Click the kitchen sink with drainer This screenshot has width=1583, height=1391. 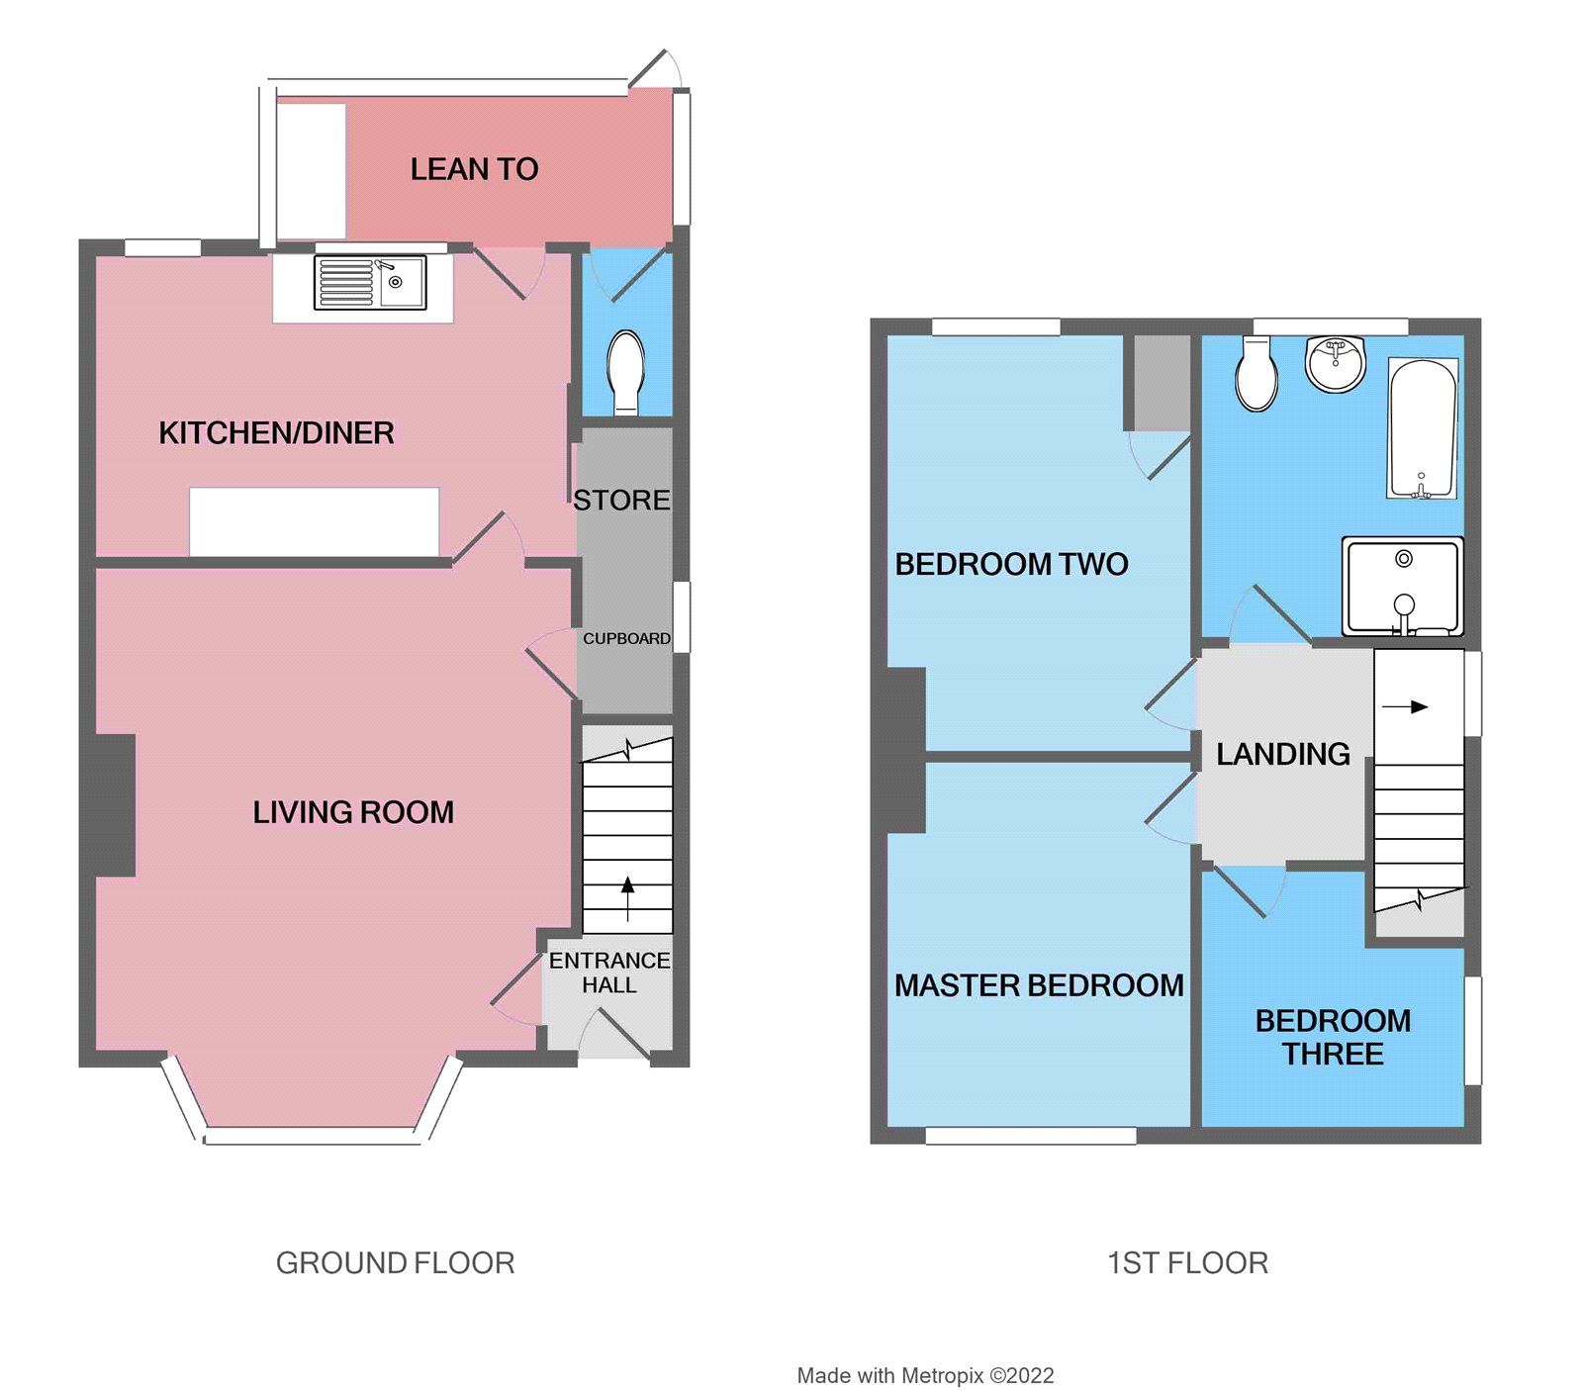pos(370,282)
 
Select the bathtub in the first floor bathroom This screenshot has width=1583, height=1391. pos(1423,428)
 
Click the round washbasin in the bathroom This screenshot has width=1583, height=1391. pos(1336,363)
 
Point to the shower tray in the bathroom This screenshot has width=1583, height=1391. pos(1402,586)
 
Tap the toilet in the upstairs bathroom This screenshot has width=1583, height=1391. pos(1257,374)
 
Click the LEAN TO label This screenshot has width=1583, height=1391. pos(474,169)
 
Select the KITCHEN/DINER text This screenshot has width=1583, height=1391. pos(276,432)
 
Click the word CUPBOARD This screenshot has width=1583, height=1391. pos(626,639)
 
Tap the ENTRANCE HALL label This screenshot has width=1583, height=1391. pos(609,973)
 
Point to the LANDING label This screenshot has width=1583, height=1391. pos(1282,754)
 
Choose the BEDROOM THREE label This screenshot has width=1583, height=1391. pos(1333,1037)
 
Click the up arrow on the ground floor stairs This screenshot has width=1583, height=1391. pos(627,894)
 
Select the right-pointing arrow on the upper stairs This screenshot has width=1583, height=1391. pos(1419,706)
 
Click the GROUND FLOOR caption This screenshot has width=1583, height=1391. pos(395,1262)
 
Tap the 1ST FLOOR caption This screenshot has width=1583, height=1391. pos(1186,1262)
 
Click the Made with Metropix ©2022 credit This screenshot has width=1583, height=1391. pos(925,1375)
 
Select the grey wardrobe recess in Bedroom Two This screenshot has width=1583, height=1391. pos(1162,382)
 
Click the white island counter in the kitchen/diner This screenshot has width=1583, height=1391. pos(314,520)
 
